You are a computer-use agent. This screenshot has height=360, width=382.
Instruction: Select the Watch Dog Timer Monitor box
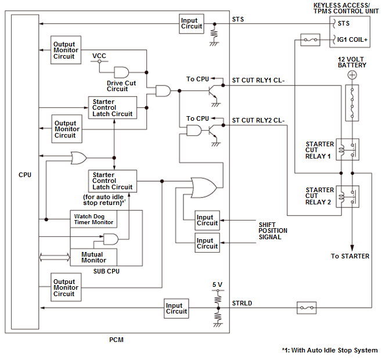(x=93, y=219)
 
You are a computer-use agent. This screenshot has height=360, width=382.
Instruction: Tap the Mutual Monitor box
(x=92, y=257)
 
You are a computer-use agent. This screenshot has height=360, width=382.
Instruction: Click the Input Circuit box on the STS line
(x=192, y=23)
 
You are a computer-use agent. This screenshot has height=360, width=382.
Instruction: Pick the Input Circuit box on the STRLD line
(x=176, y=308)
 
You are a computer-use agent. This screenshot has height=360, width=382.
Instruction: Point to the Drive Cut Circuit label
(x=121, y=86)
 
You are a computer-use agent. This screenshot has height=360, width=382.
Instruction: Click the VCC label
(x=99, y=56)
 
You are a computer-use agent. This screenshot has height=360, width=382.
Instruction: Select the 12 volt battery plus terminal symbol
(x=351, y=75)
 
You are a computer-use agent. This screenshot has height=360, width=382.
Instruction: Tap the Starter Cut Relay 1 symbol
(x=351, y=149)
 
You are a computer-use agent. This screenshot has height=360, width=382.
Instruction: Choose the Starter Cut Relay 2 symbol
(x=351, y=196)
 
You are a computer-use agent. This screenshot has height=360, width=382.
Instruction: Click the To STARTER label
(x=350, y=256)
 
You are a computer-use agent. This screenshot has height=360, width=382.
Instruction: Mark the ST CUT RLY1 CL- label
(x=258, y=80)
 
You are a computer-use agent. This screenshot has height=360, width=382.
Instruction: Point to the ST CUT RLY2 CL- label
(x=258, y=120)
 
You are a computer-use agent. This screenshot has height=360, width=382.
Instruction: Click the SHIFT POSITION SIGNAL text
(x=273, y=231)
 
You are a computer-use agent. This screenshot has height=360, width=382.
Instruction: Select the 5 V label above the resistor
(x=217, y=285)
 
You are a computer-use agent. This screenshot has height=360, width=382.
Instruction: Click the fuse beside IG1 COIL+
(x=308, y=40)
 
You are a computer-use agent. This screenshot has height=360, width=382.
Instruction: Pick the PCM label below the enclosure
(x=117, y=340)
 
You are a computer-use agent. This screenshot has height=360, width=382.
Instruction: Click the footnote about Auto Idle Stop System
(x=329, y=350)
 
